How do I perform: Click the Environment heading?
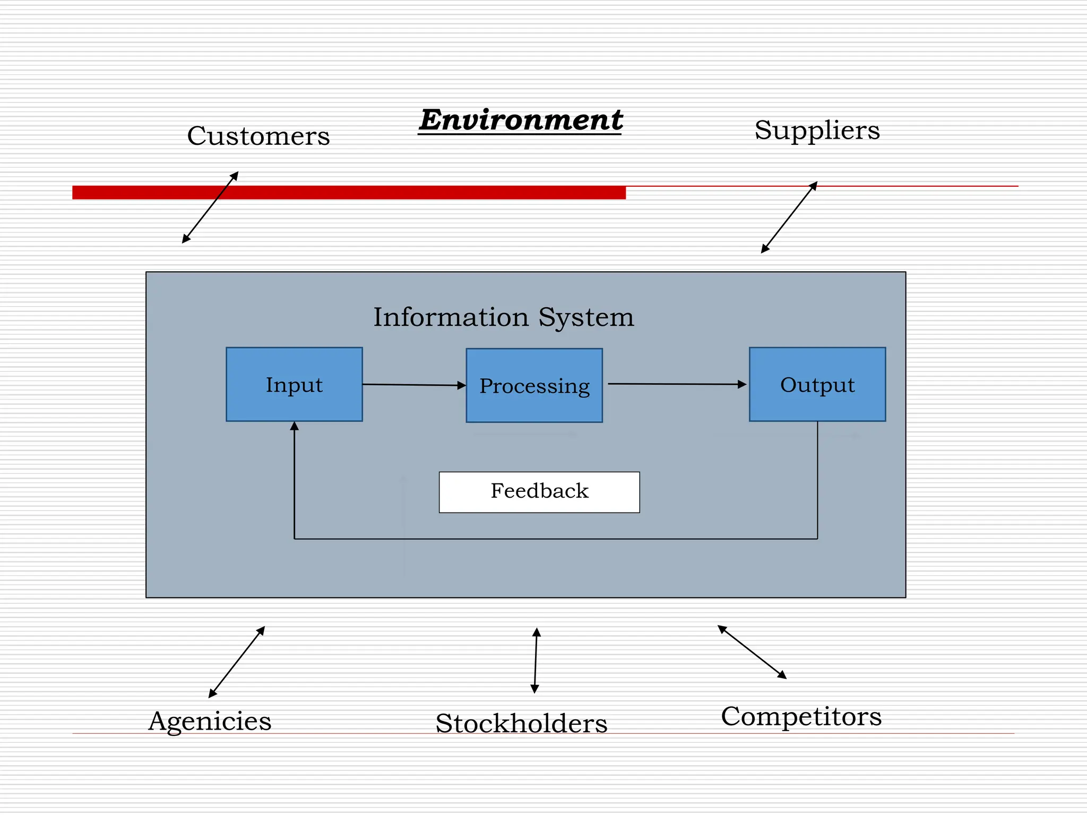point(520,120)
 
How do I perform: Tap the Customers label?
point(258,136)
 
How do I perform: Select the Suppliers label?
point(817,130)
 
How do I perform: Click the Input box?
point(294,384)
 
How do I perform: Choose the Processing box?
point(534,385)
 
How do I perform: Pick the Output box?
point(817,384)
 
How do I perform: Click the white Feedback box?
point(539,491)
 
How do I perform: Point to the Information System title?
point(503,317)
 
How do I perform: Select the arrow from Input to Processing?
point(414,385)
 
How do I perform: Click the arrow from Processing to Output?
point(677,384)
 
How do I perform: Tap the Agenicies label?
point(210,721)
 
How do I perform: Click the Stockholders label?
point(521,723)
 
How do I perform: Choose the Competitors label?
point(801,716)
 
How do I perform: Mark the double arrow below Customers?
point(210,207)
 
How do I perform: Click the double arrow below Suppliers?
point(789,218)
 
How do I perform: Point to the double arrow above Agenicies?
point(237,662)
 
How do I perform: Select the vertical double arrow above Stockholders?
point(536,660)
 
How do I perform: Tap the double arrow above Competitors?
point(752,652)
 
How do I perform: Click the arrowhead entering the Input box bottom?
point(294,426)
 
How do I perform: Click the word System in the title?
point(586,317)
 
